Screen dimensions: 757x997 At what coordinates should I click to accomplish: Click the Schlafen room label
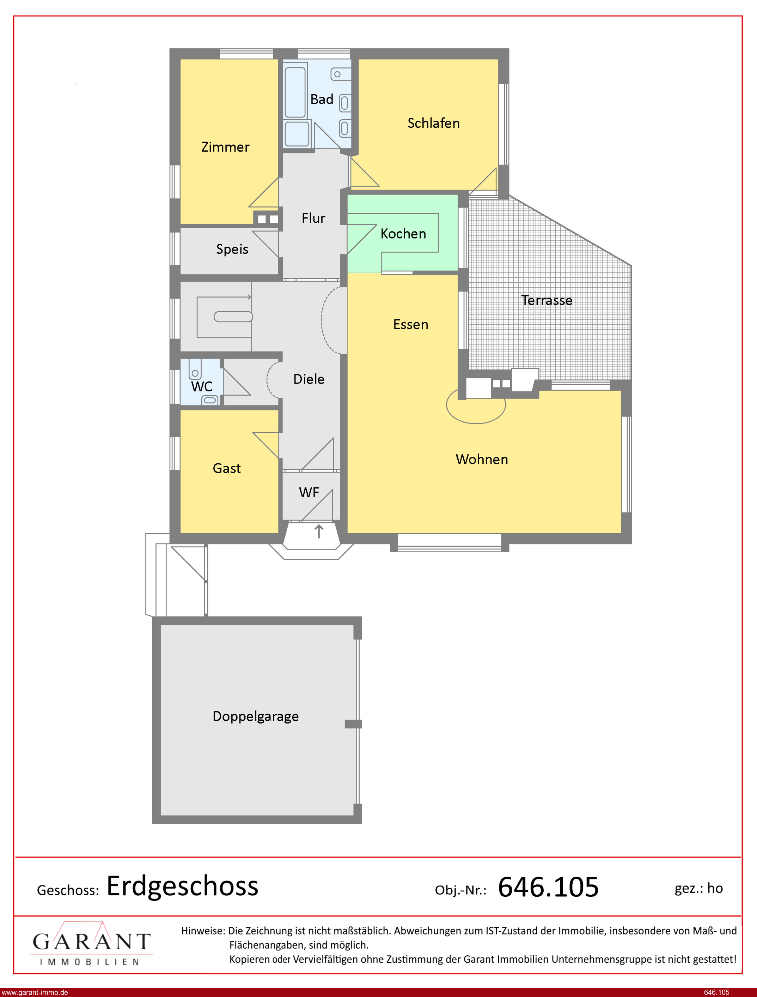433,123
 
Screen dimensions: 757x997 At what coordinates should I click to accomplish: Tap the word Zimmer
225,147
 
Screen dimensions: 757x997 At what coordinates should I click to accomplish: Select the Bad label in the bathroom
322,99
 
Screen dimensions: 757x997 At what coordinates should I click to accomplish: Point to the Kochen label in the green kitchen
403,234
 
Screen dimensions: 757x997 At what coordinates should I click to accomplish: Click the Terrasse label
547,300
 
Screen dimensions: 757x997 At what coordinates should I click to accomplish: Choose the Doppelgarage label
256,716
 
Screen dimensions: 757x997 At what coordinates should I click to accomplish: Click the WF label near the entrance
309,492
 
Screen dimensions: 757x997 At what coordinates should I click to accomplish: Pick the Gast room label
227,469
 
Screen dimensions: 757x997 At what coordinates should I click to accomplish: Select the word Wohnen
482,460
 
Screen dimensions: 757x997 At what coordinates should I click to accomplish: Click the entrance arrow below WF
319,531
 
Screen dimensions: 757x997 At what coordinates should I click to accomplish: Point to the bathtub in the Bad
295,92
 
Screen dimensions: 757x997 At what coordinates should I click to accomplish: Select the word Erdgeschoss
183,886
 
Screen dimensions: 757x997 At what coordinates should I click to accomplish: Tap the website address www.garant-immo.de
35,992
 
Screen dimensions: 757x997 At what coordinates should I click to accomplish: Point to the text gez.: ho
698,888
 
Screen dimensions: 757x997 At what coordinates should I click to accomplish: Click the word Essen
410,325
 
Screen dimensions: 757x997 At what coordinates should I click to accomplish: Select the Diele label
309,379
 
